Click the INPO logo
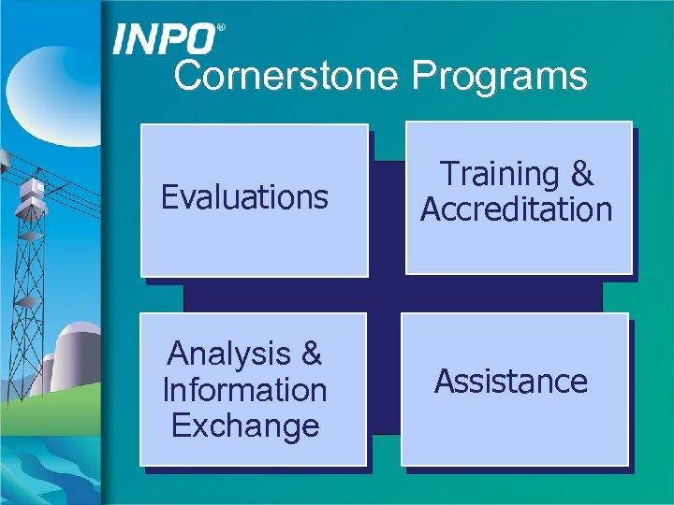coord(165,38)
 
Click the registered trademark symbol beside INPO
coord(221,29)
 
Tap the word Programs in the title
coord(499,76)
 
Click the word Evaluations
coord(244,197)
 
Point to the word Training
coord(499,174)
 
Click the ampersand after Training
coord(581,174)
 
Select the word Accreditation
coord(516,209)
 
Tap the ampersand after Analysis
coord(311,353)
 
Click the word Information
coord(244,389)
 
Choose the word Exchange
coord(244,426)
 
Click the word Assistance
coord(511,382)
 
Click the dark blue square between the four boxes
coord(385,294)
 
